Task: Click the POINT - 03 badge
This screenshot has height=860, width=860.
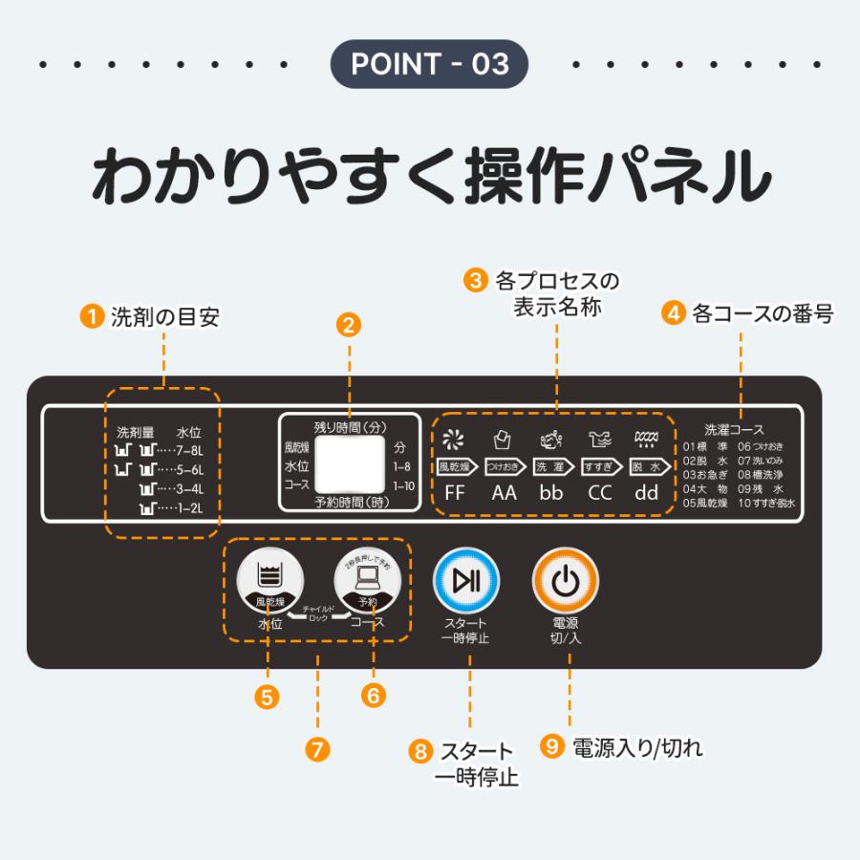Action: pyautogui.click(x=429, y=64)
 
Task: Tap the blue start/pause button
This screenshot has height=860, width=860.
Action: pyautogui.click(x=466, y=580)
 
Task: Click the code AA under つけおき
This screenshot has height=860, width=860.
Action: pyautogui.click(x=504, y=494)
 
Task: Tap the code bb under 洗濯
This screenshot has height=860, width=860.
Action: pyautogui.click(x=550, y=494)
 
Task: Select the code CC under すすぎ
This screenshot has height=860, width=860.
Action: pyautogui.click(x=599, y=494)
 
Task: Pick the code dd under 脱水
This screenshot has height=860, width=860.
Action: pyautogui.click(x=647, y=494)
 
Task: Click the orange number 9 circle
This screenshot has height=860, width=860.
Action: pyautogui.click(x=551, y=746)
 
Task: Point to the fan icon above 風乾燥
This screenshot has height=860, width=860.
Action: pyautogui.click(x=454, y=441)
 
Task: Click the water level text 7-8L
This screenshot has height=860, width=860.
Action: pyautogui.click(x=186, y=449)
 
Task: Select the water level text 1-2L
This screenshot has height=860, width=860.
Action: pyautogui.click(x=186, y=508)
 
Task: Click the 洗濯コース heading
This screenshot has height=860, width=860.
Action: pyautogui.click(x=734, y=430)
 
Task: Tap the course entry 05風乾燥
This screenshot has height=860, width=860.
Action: pyautogui.click(x=706, y=503)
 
